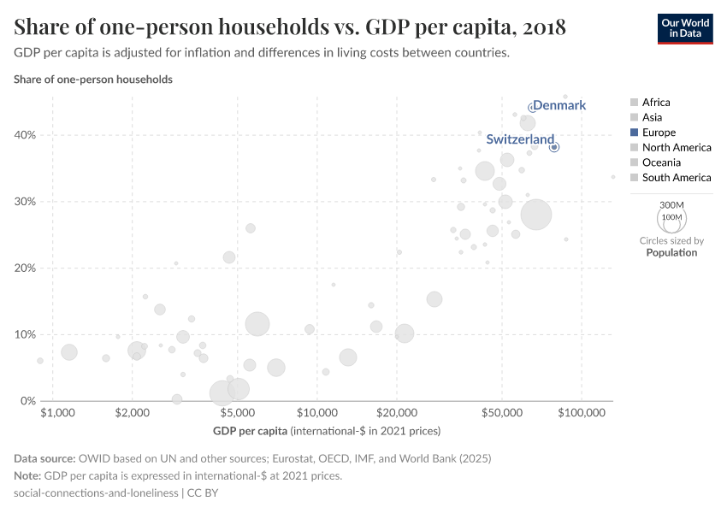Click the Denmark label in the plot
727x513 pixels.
559,105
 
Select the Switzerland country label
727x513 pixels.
520,139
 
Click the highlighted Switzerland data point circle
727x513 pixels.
554,147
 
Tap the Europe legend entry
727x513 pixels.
659,133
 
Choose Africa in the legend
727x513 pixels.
656,102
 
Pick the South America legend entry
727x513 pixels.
676,178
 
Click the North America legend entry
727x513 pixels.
676,147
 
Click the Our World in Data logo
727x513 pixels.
685,27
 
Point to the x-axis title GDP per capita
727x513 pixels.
251,430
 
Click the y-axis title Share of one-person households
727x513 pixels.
93,80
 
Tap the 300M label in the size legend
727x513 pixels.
672,205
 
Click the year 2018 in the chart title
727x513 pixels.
541,27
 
